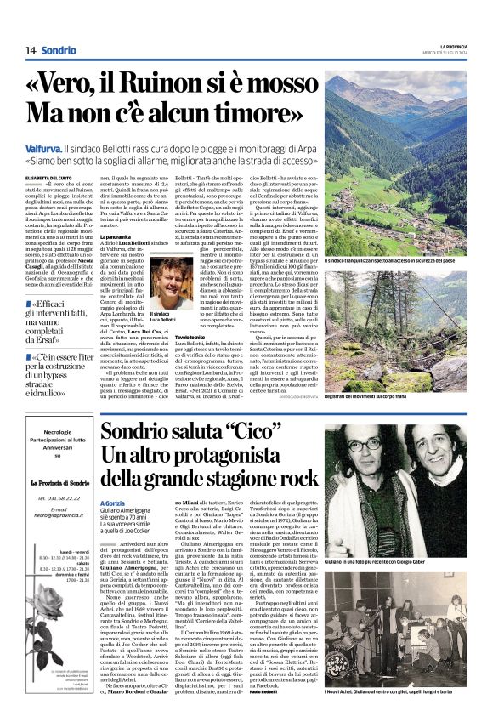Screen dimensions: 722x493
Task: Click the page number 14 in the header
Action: pyautogui.click(x=30, y=50)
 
